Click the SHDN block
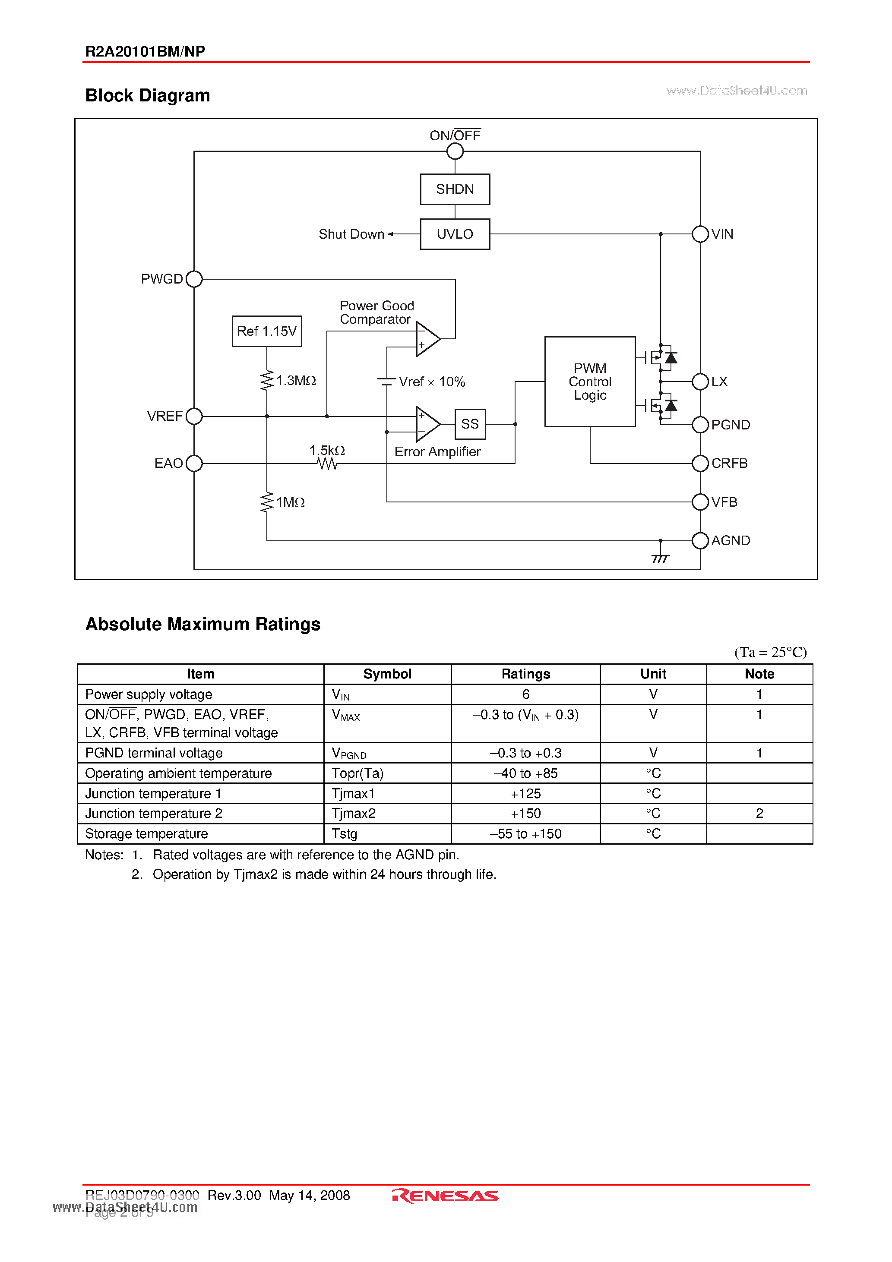[x=455, y=189]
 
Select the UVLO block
[x=455, y=234]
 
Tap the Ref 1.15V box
[x=267, y=331]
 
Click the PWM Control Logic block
[x=589, y=382]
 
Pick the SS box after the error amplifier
[x=470, y=424]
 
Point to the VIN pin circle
[x=700, y=234]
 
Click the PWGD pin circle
[x=194, y=279]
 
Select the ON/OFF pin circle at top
[x=455, y=151]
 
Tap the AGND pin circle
[x=700, y=541]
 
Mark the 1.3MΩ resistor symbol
[x=267, y=380]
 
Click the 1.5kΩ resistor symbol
[x=327, y=464]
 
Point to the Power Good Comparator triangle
[x=427, y=338]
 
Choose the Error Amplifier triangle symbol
[x=427, y=424]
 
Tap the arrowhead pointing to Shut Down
[x=390, y=234]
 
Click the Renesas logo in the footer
[x=446, y=1196]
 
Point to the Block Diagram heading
[x=147, y=96]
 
